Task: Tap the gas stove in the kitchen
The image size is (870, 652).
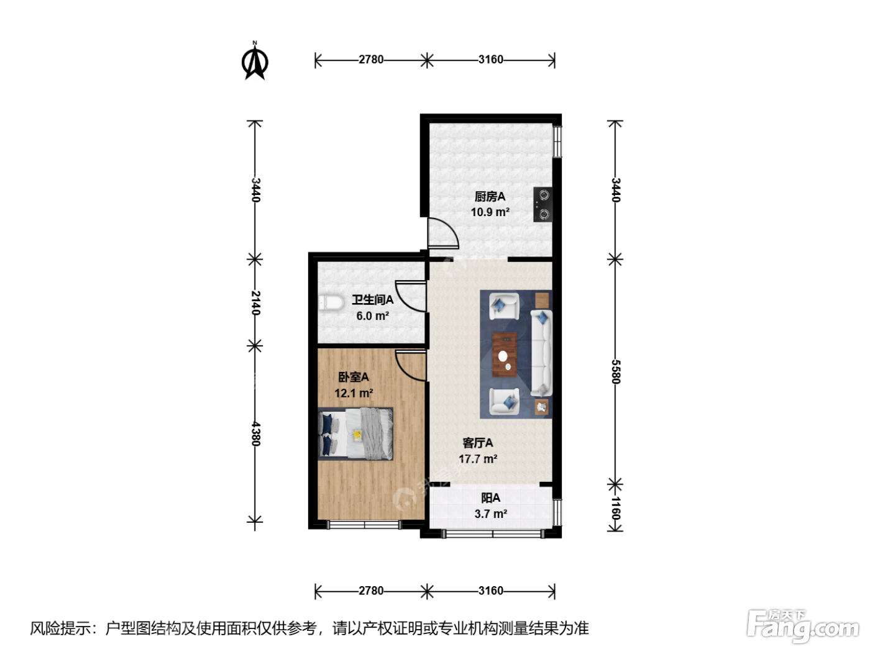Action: (543, 205)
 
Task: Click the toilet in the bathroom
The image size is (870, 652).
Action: (331, 304)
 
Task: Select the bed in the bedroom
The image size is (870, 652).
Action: (355, 434)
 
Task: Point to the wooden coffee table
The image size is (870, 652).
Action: (504, 355)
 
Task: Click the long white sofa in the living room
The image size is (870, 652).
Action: (541, 353)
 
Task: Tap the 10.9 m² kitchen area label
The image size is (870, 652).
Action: (490, 212)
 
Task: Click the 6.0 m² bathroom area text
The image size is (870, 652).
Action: (372, 316)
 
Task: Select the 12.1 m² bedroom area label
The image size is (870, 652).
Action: (354, 393)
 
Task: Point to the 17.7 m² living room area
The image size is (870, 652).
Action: (478, 459)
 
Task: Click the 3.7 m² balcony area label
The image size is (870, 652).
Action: (491, 514)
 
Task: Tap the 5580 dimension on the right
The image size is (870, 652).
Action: (615, 372)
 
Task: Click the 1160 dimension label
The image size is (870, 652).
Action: (615, 509)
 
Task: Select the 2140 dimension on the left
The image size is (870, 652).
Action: (255, 303)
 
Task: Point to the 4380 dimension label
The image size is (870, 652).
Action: (255, 434)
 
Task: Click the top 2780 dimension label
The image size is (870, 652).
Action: (371, 60)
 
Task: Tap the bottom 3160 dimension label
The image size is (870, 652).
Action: (491, 591)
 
